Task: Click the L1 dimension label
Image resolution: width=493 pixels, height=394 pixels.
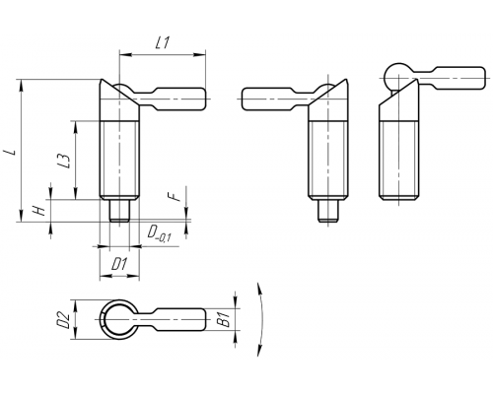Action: pos(163,42)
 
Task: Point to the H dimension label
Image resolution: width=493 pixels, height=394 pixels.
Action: pos(40,210)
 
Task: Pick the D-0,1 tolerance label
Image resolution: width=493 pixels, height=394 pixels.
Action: pos(159,233)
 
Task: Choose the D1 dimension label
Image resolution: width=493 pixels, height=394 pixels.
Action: pos(119,264)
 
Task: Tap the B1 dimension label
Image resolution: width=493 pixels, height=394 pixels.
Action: pos(224,319)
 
